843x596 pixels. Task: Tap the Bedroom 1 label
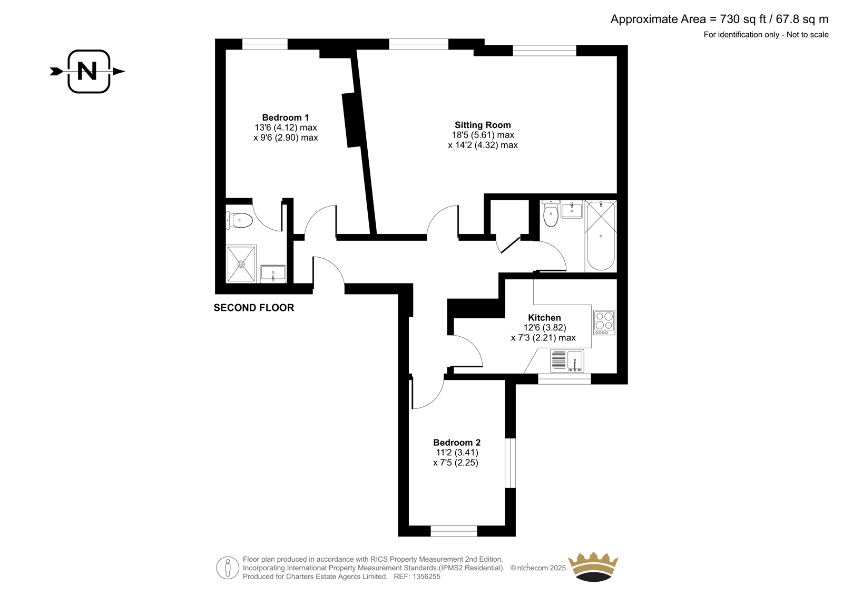285,118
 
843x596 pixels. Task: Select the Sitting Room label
483,125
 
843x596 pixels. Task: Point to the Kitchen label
544,318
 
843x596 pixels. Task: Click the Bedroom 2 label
456,442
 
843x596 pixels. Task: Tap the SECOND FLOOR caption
253,308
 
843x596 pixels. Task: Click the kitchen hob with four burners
604,323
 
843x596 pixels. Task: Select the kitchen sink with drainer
567,360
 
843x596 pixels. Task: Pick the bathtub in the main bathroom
601,236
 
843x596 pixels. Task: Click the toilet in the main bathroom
551,213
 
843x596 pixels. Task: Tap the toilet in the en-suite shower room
239,220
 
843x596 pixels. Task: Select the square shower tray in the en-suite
241,264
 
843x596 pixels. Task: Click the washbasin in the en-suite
273,273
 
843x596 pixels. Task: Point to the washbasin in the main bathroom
571,209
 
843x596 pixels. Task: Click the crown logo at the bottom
593,566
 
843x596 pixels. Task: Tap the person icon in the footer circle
227,568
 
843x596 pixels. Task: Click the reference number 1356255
426,577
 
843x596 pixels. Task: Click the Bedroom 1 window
265,44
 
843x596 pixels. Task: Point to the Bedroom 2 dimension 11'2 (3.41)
457,452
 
